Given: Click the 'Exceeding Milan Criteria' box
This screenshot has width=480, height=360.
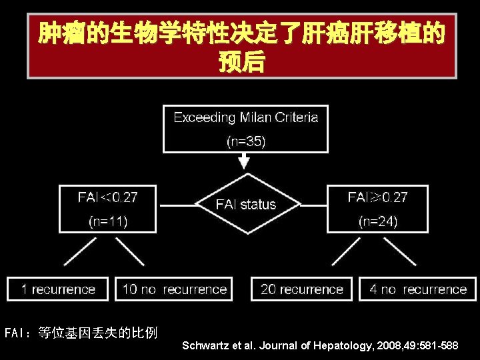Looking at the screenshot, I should point(245,129).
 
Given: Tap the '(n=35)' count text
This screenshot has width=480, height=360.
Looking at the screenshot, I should point(245,141).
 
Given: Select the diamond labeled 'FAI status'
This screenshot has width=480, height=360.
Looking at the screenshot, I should point(245,204).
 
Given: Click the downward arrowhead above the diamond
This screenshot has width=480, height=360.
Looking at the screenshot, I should point(245,161).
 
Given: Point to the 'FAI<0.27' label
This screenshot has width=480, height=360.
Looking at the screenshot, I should point(107,197).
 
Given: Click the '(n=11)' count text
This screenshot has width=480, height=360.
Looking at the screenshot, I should point(107,221).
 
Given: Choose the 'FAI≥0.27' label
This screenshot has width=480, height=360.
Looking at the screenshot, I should point(377,197).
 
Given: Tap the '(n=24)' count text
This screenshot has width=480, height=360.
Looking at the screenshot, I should point(377,221).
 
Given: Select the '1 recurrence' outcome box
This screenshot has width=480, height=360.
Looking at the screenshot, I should point(57,289).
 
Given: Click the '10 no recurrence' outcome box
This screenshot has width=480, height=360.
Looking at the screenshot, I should point(174,289).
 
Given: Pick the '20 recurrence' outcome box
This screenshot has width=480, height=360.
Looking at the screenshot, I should point(301,289).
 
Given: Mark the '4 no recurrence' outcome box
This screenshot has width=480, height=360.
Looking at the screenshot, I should point(418,289).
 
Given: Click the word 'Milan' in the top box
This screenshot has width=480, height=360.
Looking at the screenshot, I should point(255,117).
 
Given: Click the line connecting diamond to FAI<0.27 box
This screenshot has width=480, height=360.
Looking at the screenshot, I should point(175,204).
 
